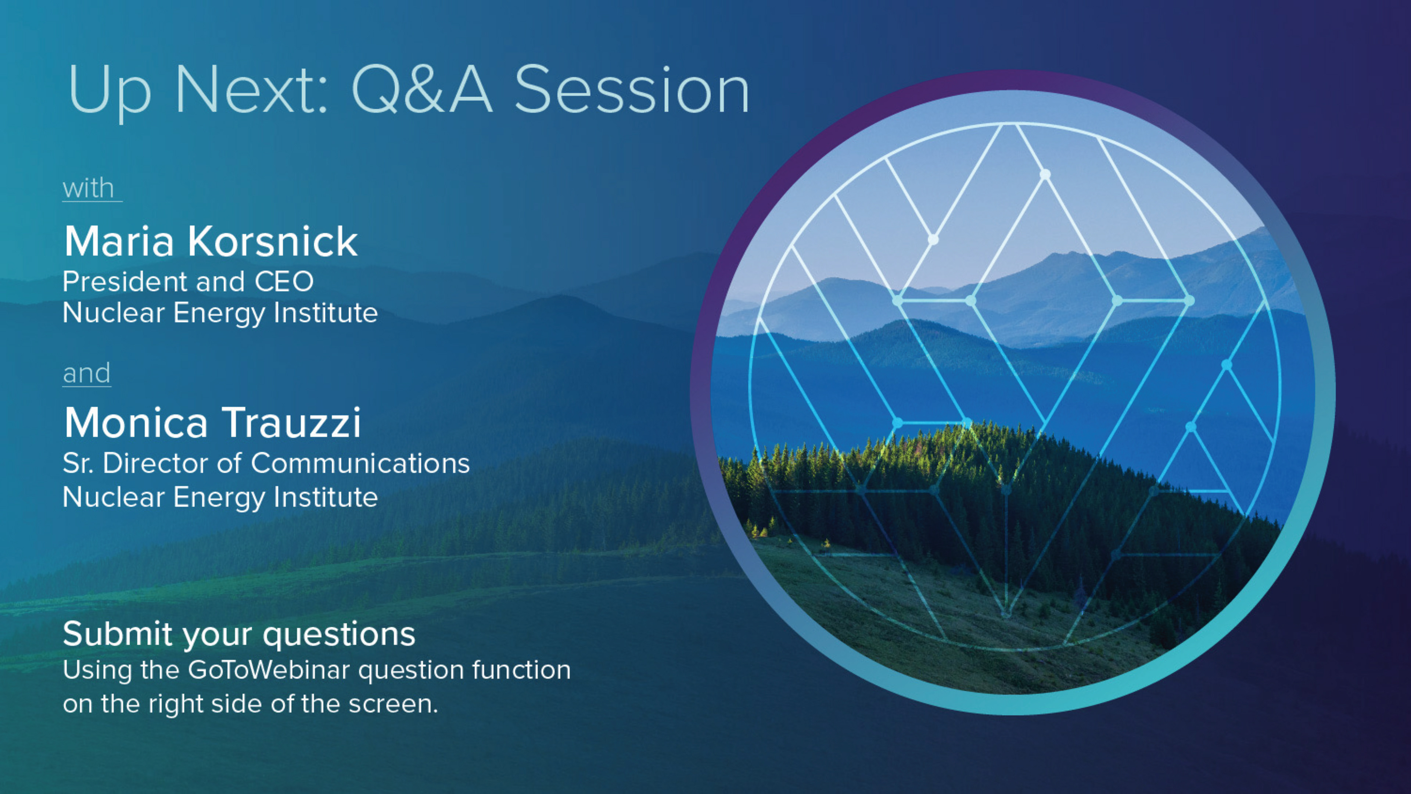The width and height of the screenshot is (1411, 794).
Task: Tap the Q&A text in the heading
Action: point(422,90)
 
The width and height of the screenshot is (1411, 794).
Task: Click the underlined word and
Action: point(87,373)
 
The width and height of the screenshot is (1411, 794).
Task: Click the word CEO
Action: point(284,282)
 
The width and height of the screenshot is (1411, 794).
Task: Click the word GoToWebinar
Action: point(269,670)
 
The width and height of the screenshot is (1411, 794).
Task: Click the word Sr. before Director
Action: point(78,463)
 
